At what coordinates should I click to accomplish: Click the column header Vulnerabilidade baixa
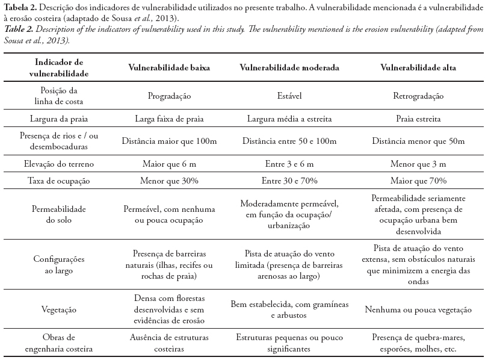[x=169, y=68]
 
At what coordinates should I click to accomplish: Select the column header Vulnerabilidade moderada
[x=289, y=68]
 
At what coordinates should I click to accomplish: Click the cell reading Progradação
[x=169, y=96]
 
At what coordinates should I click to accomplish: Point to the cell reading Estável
[x=289, y=96]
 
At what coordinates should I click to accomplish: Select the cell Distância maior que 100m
[x=169, y=141]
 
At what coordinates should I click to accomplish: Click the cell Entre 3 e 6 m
[x=289, y=164]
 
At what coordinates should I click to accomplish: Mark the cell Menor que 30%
[x=169, y=180]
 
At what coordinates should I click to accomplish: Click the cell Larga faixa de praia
[x=169, y=119]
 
